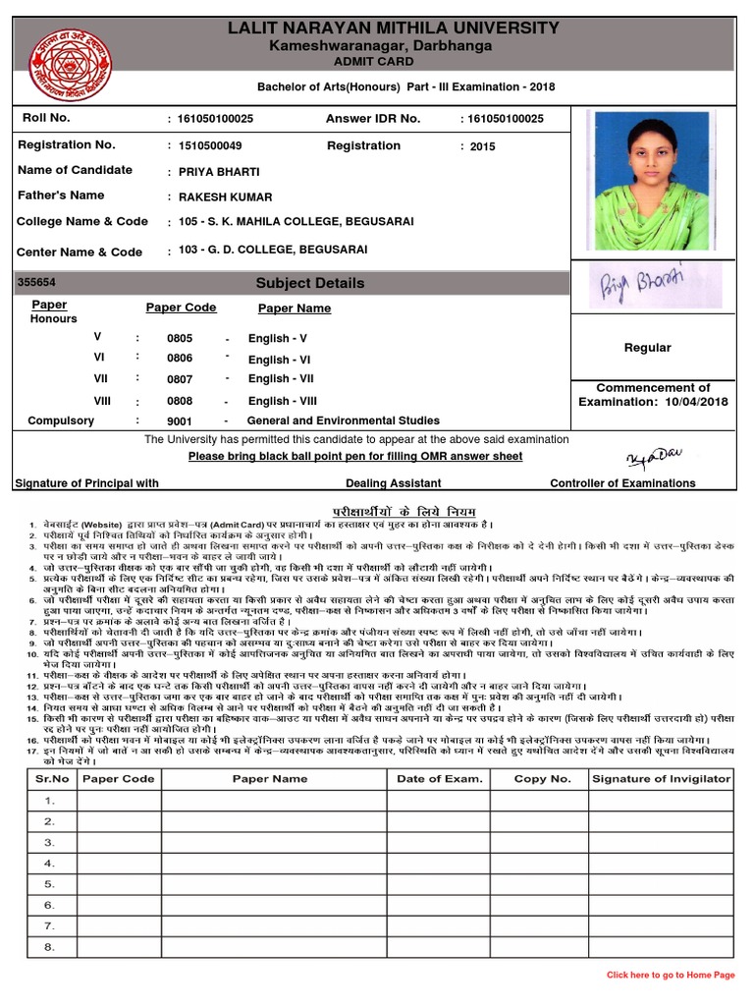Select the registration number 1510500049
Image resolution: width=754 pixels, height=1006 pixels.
[x=210, y=146]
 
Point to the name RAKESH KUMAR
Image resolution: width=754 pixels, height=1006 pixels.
[x=226, y=197]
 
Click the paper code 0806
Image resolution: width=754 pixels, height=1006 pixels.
[x=180, y=360]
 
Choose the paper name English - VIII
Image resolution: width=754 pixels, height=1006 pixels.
[x=283, y=401]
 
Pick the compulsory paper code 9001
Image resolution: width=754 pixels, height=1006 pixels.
[x=180, y=421]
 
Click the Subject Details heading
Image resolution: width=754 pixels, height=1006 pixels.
[x=309, y=283]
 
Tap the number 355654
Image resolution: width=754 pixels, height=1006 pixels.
[x=37, y=283]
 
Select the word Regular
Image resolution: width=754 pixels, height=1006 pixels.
[x=648, y=348]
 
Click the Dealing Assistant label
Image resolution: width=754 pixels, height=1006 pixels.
[x=393, y=483]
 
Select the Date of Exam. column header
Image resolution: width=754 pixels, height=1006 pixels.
[x=440, y=779]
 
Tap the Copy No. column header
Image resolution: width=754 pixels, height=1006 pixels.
[x=542, y=779]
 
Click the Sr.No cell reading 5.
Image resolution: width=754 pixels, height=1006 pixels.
[x=49, y=884]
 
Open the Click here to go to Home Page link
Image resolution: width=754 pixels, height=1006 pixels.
[x=671, y=975]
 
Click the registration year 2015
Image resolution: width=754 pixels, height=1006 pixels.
[x=483, y=146]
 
